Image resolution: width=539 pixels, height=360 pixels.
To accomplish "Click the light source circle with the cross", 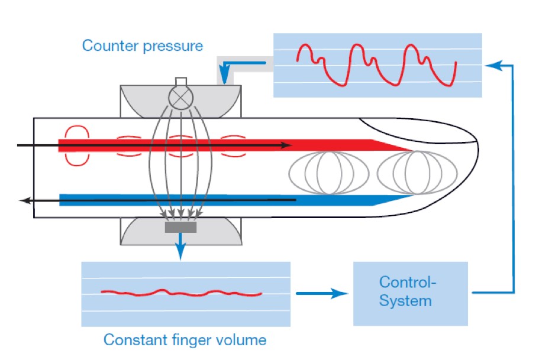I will tap(180, 97).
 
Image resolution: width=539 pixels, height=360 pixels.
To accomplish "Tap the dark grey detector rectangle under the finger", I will tap(180, 228).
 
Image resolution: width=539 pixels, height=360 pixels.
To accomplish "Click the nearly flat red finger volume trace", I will tap(180, 292).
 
